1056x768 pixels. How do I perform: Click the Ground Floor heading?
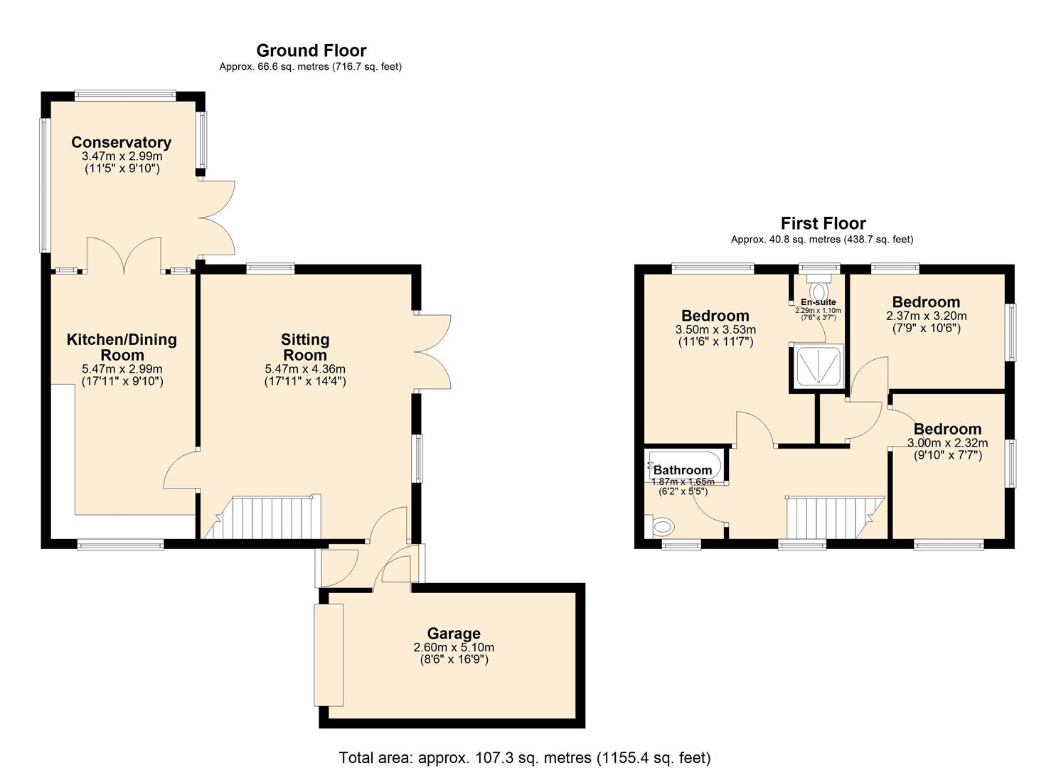tap(311, 50)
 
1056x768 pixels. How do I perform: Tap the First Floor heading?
tap(823, 223)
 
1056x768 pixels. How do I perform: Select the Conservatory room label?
tap(121, 142)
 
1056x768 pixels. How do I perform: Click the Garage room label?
tap(454, 633)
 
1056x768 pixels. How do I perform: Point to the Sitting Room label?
tap(304, 347)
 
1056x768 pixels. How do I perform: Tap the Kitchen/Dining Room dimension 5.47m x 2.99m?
tap(122, 369)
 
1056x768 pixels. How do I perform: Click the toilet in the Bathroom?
tap(662, 527)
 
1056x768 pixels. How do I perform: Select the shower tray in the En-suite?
tap(818, 366)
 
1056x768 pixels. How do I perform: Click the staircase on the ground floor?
tap(263, 517)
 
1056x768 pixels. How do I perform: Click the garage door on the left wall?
tap(329, 654)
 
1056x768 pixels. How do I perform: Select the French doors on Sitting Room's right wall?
tap(432, 351)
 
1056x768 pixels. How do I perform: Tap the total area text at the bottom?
tap(525, 757)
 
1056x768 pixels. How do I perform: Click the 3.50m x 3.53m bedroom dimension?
tap(715, 329)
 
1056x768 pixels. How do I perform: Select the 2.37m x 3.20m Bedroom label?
tap(926, 302)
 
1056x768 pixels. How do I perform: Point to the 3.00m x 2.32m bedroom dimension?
tap(947, 443)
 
